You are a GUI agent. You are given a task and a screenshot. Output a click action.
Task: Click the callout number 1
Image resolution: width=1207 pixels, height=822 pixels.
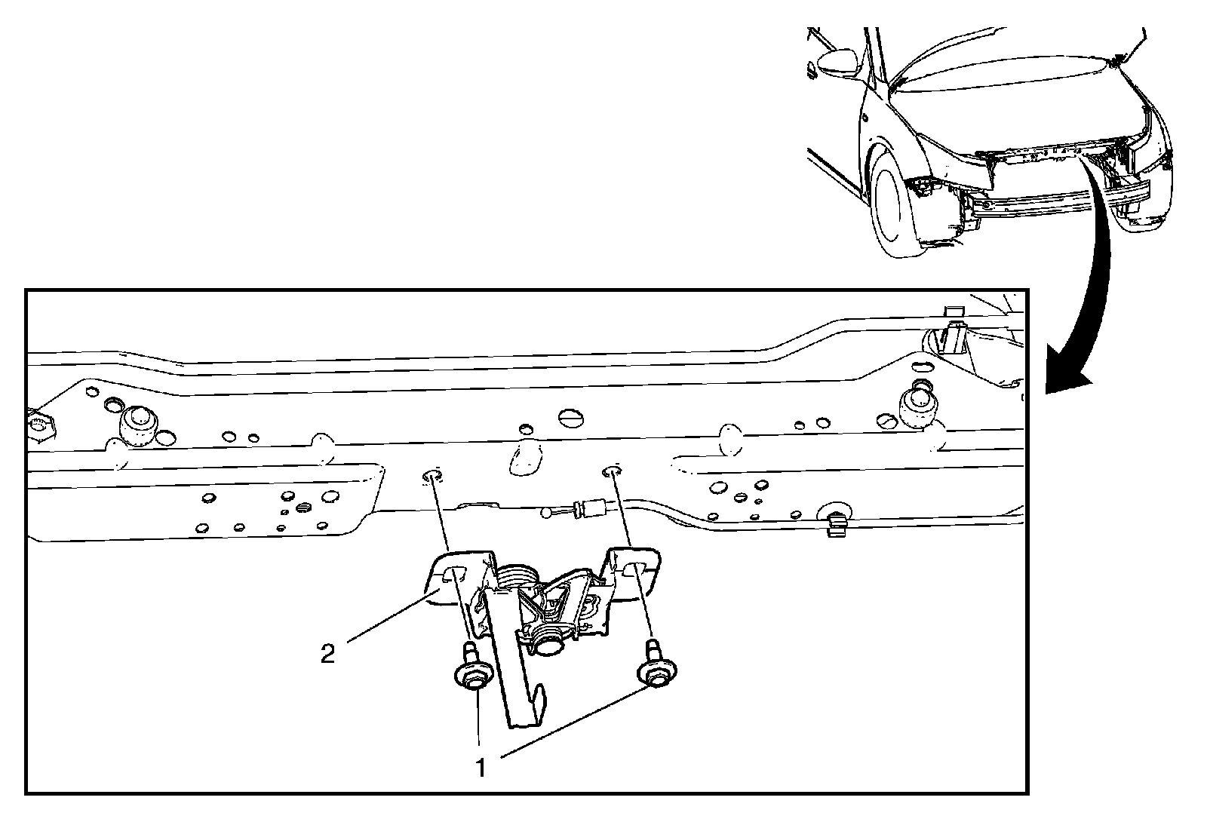tap(481, 767)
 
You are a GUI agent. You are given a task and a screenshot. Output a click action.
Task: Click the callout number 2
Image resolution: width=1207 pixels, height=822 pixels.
tap(327, 655)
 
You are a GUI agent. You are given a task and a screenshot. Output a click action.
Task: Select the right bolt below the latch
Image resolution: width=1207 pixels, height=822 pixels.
tap(656, 665)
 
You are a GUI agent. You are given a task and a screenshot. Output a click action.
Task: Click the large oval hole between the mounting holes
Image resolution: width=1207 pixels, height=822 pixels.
tap(526, 459)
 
